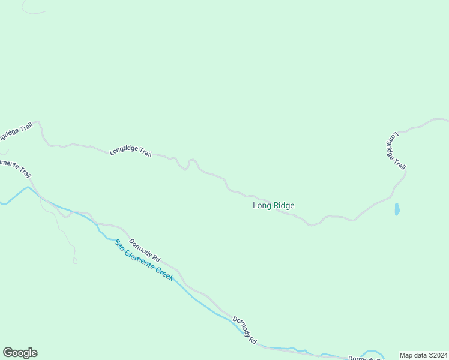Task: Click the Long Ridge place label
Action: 273,205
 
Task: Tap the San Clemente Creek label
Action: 144,260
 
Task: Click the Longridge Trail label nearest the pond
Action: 396,151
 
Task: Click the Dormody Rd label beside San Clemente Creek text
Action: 145,250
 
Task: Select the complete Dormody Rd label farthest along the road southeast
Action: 245,330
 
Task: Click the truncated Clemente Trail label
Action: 16,168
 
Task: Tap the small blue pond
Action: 397,209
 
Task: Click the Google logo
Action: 20,353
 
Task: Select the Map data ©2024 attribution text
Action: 423,355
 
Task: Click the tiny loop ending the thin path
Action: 75,260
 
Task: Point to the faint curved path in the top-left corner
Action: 33,11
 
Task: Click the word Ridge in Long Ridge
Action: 283,205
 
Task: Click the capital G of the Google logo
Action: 8,353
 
